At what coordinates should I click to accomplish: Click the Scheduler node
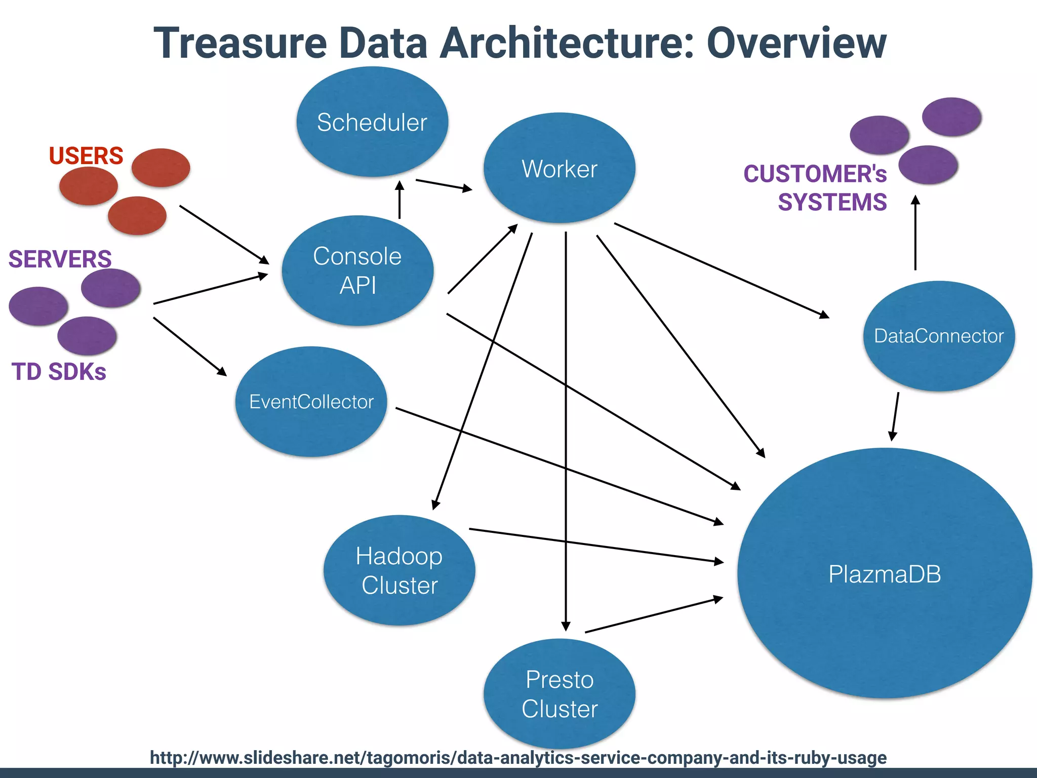(372, 122)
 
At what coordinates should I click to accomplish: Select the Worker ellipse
(559, 168)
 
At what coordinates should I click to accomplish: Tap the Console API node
(357, 270)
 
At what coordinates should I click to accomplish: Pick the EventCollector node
(311, 402)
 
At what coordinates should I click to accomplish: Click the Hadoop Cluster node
(399, 570)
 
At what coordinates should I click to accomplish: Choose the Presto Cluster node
(559, 694)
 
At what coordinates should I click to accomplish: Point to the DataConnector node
(938, 336)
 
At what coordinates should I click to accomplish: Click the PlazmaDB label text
(884, 574)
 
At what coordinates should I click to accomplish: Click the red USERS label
(86, 155)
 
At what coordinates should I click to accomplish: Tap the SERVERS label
(60, 259)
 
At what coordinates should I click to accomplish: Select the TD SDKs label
(59, 371)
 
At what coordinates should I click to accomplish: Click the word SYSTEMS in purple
(832, 202)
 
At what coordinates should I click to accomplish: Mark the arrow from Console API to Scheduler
(400, 200)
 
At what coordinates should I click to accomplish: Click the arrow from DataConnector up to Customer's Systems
(915, 233)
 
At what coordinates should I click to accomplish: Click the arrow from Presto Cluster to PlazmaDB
(653, 615)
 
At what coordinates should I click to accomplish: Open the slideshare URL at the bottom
(518, 758)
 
